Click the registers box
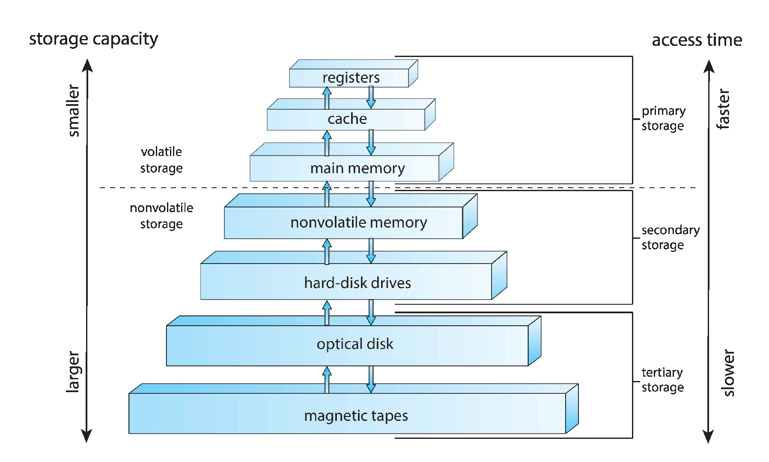click(x=351, y=78)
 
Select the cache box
click(x=347, y=119)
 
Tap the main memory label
click(x=357, y=168)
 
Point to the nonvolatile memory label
click(x=358, y=222)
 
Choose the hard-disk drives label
click(x=357, y=283)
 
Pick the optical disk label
click(x=355, y=344)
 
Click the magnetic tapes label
click(x=356, y=416)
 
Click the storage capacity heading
click(x=93, y=39)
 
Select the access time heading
click(x=697, y=40)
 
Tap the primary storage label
click(x=663, y=118)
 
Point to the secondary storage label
click(x=670, y=237)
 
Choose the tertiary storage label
click(x=662, y=380)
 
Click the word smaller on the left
click(x=74, y=111)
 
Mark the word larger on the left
click(x=74, y=372)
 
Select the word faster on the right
click(x=723, y=109)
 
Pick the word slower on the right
click(x=728, y=373)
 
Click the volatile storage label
click(x=161, y=160)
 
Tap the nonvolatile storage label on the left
click(x=161, y=216)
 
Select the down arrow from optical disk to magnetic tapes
click(x=371, y=379)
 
